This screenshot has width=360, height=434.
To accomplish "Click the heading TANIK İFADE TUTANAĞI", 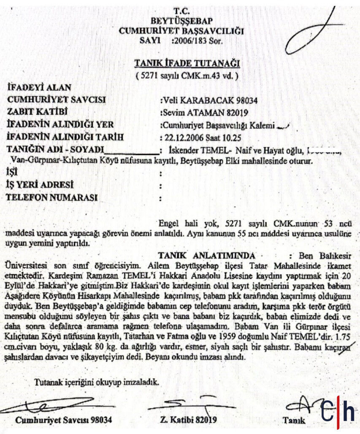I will (187, 64).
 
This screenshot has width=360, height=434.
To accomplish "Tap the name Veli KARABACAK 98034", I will (210, 100).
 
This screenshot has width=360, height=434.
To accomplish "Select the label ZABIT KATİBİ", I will (38, 113).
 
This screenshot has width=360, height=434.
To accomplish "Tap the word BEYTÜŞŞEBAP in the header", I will (181, 21).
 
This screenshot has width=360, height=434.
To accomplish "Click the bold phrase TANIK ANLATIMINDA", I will (206, 256).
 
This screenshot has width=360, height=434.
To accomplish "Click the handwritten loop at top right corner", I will (312, 30).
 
